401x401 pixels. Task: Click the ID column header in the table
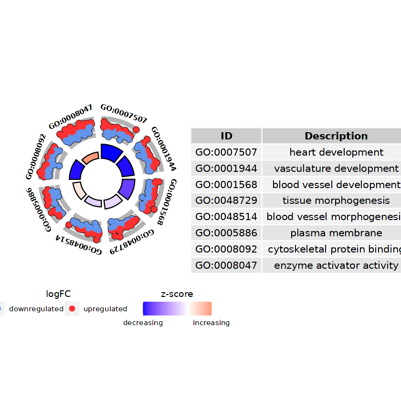226,136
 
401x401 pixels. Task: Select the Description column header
336,136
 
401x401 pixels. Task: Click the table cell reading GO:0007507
226,152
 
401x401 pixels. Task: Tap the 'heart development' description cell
336,152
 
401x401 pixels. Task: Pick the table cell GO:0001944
226,169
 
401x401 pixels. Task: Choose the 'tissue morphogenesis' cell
336,200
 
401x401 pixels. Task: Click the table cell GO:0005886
226,233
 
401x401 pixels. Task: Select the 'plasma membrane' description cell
336,233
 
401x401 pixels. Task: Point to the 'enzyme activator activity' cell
336,265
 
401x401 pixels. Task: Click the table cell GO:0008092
226,249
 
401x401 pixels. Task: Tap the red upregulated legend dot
72,308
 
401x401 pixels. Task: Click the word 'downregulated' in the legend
36,309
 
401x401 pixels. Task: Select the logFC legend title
58,294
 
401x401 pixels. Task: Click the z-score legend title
177,294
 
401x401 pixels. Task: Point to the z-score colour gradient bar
177,308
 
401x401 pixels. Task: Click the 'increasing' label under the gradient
211,323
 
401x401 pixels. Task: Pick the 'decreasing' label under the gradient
143,323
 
